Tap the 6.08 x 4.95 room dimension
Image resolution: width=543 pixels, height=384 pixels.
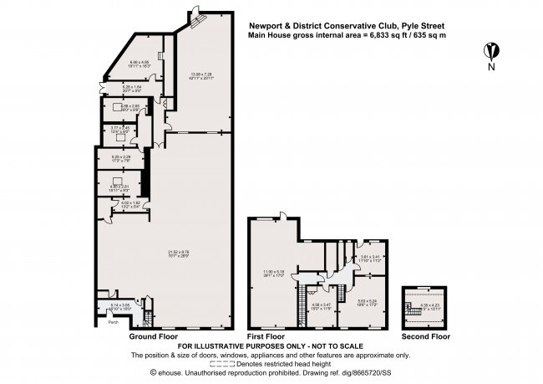[139, 63]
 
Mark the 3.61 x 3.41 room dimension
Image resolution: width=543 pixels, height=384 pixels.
[370, 259]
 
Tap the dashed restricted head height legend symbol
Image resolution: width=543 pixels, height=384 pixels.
[231, 365]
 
